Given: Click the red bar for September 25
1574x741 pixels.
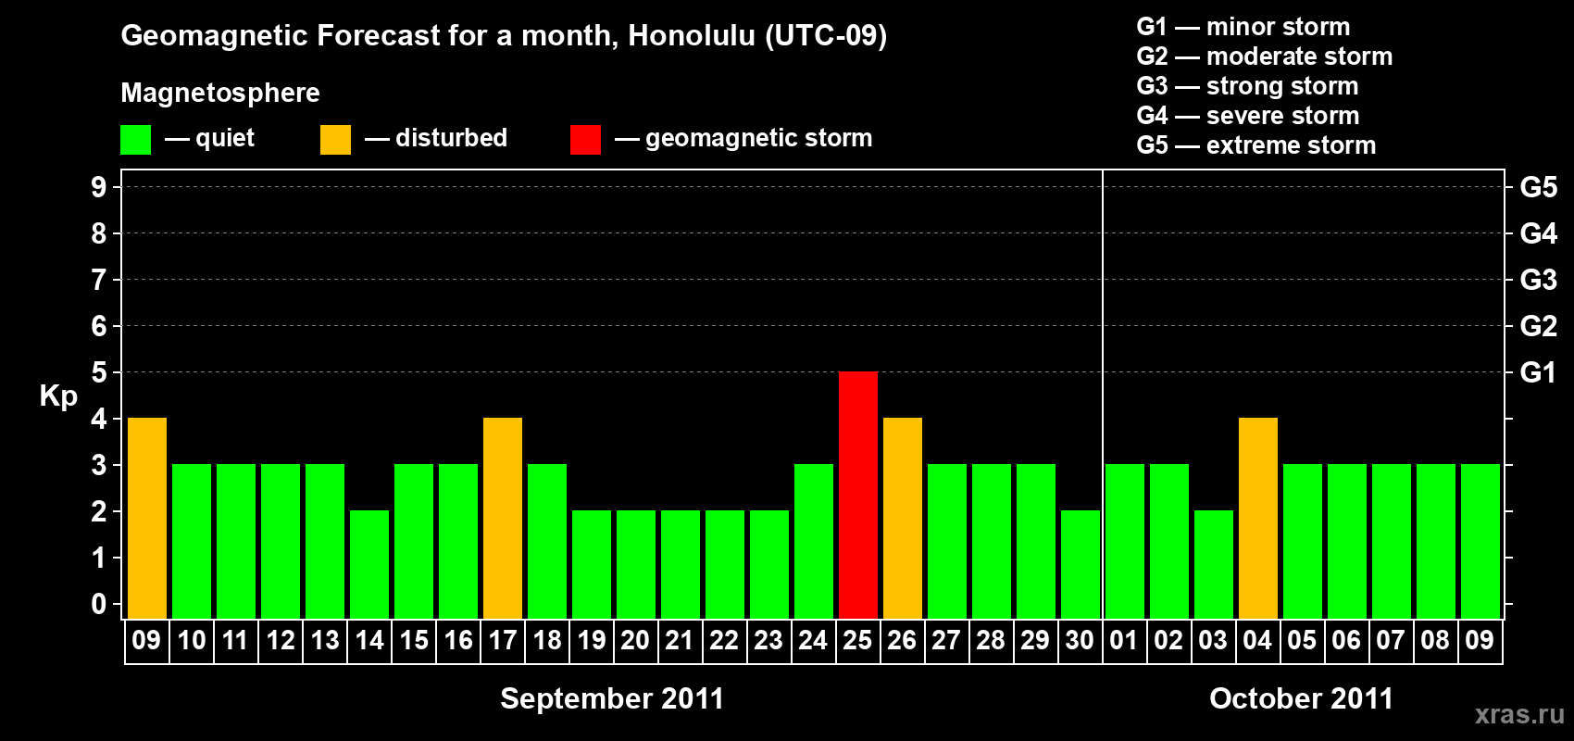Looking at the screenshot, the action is coord(858,495).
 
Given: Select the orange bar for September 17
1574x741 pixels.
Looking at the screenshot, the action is coord(503,518).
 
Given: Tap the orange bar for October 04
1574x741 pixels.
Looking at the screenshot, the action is coord(1257,518).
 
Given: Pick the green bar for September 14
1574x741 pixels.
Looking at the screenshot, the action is coord(369,564).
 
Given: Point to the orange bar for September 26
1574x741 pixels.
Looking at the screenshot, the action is coord(902,518).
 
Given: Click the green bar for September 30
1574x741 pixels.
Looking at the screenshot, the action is coord(1080,564).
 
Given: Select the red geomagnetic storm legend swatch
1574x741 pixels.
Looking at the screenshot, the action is coord(586,139).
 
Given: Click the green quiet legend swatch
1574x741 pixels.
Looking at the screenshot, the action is coord(135,139).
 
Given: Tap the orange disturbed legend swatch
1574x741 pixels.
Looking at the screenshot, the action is coord(335,139).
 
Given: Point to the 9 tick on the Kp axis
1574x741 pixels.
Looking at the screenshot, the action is coord(98,187).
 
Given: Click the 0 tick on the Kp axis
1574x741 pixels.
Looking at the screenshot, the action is coord(98,604).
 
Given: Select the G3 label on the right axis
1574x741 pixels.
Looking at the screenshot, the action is coord(1538,280).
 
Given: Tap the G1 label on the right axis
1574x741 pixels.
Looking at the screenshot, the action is coord(1538,372).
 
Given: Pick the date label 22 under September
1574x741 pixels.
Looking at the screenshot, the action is coord(724,640).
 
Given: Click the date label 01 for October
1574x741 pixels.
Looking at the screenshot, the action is coord(1124,640).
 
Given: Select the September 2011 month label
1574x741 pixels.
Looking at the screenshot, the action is coord(612,698).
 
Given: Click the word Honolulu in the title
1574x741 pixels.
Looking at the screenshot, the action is coord(692,36).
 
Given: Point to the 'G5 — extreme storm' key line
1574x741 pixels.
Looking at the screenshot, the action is coord(1256,145).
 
